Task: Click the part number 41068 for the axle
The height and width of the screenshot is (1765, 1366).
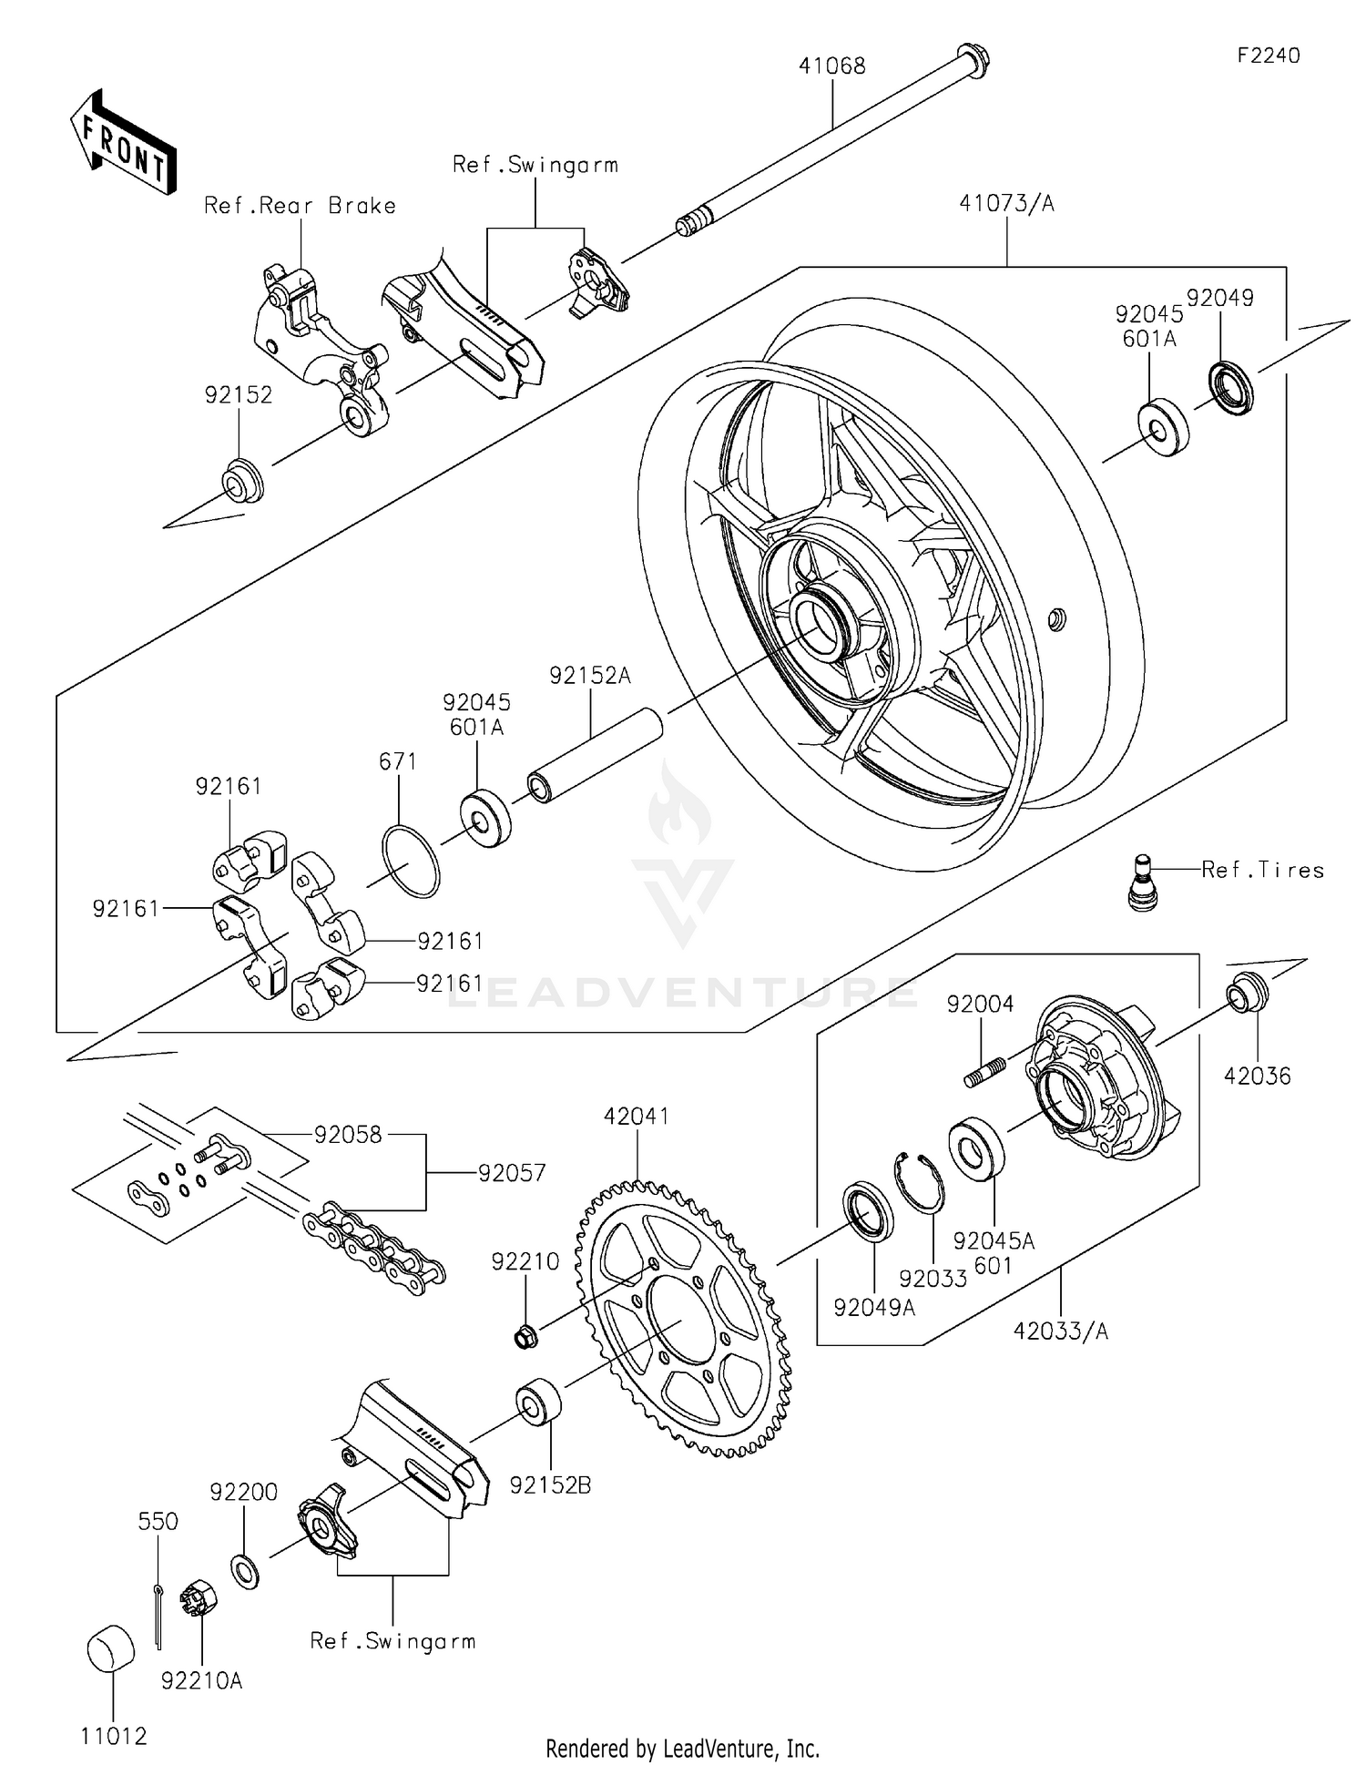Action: pos(831,66)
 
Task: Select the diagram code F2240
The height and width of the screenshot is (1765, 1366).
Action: pos(1268,56)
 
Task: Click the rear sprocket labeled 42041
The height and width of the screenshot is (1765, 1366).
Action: pos(682,1321)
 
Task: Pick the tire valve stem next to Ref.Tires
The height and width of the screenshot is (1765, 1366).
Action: pos(1142,882)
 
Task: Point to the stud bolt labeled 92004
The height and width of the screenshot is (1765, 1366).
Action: pos(984,1071)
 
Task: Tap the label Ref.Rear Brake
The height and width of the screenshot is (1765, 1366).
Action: pos(300,206)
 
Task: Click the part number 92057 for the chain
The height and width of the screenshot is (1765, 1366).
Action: pos(512,1173)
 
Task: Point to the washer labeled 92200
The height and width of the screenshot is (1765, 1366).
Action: pos(244,1572)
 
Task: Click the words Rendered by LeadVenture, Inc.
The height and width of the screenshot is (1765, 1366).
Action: pos(682,1749)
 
